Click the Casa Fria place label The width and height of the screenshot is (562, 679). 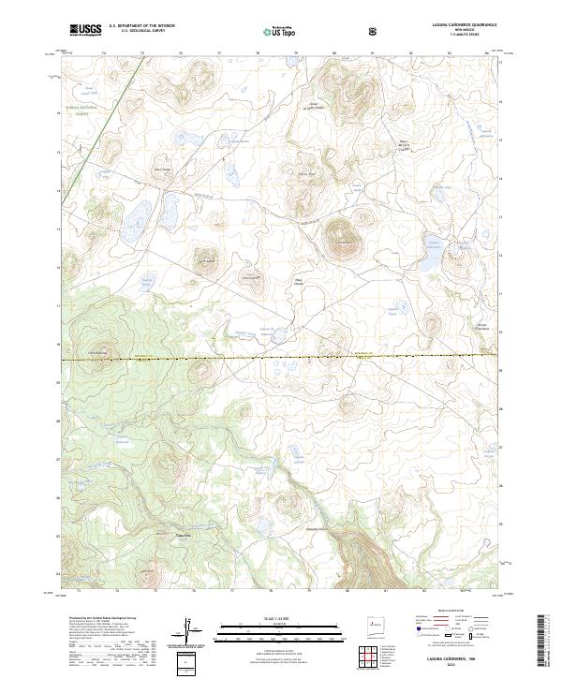(x=185, y=536)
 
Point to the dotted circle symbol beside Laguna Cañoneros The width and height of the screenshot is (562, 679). (x=458, y=249)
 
